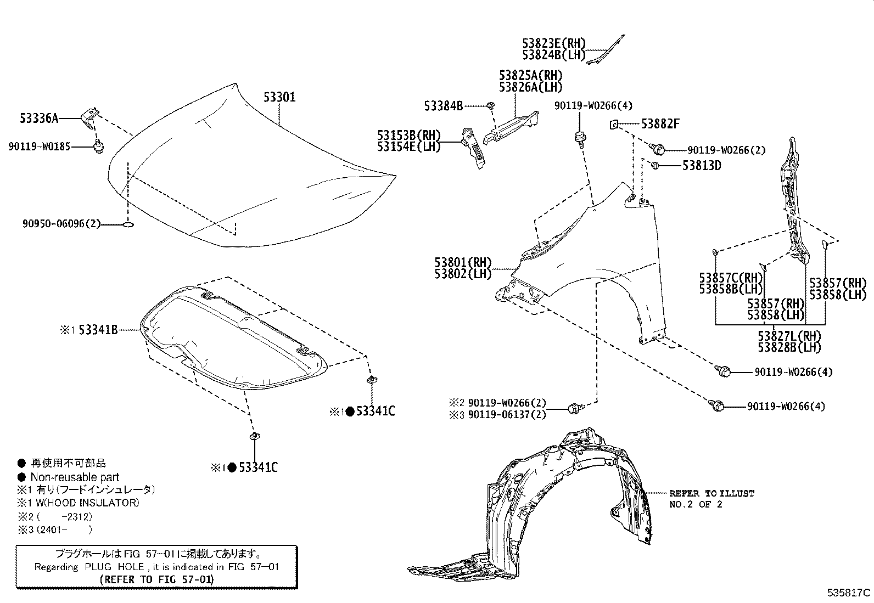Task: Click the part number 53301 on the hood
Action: tap(279, 97)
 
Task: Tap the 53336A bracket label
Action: tap(39, 118)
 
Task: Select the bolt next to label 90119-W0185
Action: tap(99, 147)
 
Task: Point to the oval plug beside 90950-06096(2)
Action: tap(128, 224)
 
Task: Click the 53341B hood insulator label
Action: tap(98, 330)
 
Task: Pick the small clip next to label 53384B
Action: tap(491, 105)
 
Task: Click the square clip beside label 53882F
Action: tap(614, 125)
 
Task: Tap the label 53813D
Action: tap(702, 165)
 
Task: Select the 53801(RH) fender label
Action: tap(463, 262)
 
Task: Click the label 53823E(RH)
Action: tap(554, 43)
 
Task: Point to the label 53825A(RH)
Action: tap(531, 75)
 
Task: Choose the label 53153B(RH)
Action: tap(408, 135)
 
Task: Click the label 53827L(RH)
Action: tap(789, 336)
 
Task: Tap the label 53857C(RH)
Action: tap(730, 278)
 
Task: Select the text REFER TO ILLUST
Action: tap(711, 493)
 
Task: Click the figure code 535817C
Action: tap(849, 593)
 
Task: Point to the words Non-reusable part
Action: tap(75, 477)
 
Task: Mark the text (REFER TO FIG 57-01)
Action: tap(157, 579)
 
